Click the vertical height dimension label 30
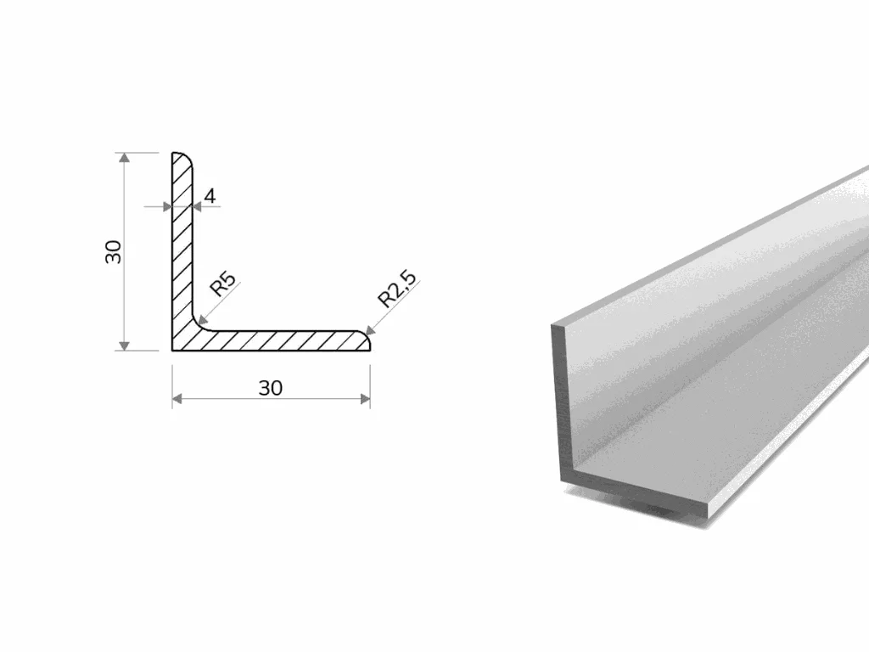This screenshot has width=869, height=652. click(114, 251)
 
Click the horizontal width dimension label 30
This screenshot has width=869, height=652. click(271, 388)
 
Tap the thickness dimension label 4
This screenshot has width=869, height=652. click(210, 196)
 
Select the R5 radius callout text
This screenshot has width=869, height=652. click(223, 284)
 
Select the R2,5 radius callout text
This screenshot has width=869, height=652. click(396, 289)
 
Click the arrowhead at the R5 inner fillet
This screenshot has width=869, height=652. click(203, 319)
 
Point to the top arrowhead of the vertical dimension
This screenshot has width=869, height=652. click(125, 157)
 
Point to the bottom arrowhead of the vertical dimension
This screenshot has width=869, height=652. click(125, 346)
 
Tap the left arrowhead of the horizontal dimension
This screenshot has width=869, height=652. click(177, 399)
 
